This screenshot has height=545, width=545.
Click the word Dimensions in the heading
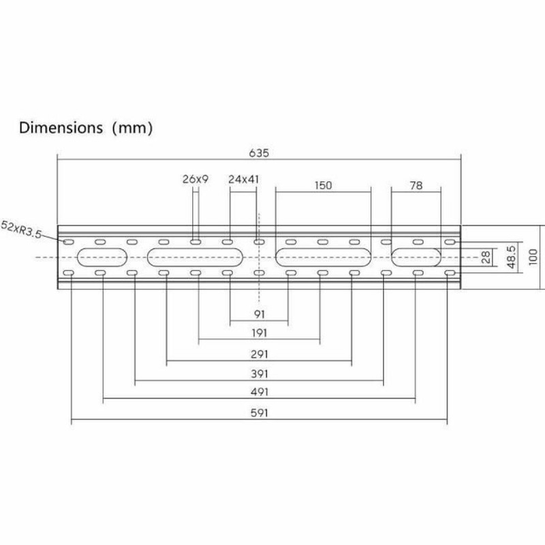click(x=60, y=127)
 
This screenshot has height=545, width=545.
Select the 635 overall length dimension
click(x=258, y=153)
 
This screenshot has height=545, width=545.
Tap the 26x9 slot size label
click(x=195, y=181)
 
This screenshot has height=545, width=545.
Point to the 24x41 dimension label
click(x=243, y=181)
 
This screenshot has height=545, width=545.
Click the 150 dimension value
click(x=324, y=185)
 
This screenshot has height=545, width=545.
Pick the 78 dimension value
click(x=417, y=185)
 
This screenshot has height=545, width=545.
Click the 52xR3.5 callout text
click(x=22, y=229)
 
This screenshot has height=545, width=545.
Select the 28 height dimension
click(x=486, y=257)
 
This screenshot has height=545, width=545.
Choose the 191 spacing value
click(x=258, y=334)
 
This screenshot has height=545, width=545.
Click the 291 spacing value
click(x=258, y=354)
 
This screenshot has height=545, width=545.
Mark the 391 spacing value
click(x=258, y=373)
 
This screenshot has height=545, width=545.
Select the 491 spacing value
click(x=258, y=392)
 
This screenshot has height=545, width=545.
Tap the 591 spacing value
click(x=258, y=413)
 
